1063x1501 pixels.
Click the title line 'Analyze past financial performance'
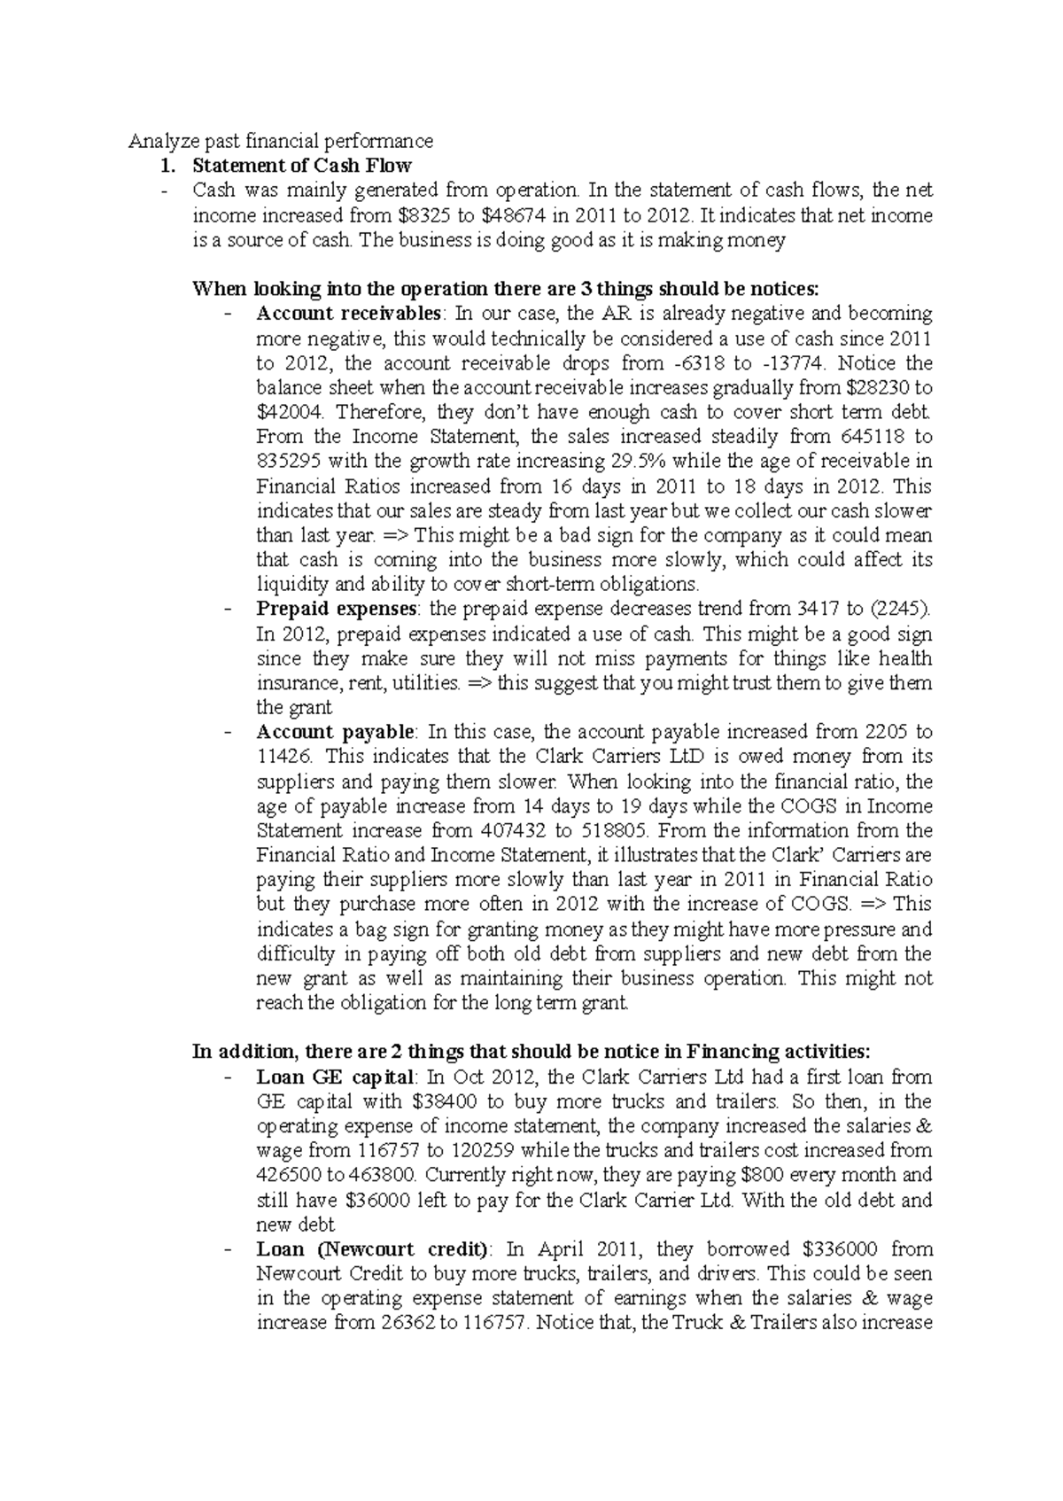pos(281,141)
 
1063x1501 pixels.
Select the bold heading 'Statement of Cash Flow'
pos(302,166)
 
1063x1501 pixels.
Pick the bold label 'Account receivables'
pos(348,313)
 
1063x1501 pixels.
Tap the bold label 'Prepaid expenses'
pos(336,609)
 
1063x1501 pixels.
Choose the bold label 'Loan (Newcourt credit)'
pos(372,1249)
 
